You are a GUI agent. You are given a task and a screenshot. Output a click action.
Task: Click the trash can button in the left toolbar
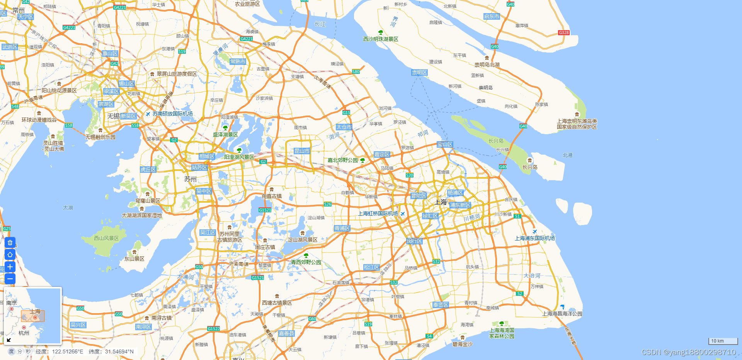[x=10, y=242]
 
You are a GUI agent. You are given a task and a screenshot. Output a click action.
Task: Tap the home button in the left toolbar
[x=10, y=254]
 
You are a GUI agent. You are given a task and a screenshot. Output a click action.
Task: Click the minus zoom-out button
[x=10, y=279]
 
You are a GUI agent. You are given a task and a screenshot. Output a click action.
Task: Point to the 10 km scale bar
[x=723, y=341]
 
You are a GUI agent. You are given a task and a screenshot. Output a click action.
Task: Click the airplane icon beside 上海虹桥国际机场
[x=403, y=214]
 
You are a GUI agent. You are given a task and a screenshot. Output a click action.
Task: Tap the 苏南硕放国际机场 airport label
[x=172, y=114]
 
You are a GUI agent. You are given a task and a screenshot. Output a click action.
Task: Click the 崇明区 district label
[x=419, y=72]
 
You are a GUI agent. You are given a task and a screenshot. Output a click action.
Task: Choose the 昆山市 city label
[x=302, y=151]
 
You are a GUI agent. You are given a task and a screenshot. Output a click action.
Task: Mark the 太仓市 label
[x=344, y=127]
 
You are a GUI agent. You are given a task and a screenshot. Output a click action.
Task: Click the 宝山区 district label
[x=444, y=144]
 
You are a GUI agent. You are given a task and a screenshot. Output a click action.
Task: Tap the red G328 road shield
[x=564, y=32]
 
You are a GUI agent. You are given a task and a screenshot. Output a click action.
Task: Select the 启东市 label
[x=492, y=16]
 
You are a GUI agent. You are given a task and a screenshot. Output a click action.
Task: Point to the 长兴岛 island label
[x=530, y=167]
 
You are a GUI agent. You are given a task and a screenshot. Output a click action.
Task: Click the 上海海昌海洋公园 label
[x=562, y=314]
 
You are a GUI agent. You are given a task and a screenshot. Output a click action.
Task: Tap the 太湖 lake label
[x=68, y=208]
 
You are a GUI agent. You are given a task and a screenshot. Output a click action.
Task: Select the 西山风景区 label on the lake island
[x=106, y=238]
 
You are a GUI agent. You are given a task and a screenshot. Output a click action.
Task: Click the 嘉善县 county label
[x=286, y=333]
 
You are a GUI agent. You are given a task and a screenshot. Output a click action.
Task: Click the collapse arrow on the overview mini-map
[x=9, y=340]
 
